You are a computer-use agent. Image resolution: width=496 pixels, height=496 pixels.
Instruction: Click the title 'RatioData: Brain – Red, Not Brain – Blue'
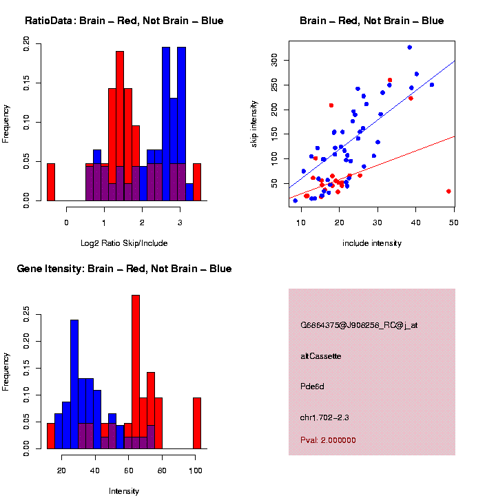[x=124, y=21]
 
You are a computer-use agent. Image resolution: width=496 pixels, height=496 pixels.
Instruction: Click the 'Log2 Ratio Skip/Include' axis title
[x=124, y=243]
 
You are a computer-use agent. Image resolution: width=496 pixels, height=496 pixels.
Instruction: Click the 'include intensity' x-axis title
[x=372, y=243]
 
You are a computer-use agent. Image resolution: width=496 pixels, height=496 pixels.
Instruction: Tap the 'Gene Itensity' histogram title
[x=124, y=269]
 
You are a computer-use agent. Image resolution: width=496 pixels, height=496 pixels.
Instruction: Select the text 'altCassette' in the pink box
[x=320, y=356]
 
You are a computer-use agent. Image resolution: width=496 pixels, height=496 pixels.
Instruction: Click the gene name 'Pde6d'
[x=312, y=386]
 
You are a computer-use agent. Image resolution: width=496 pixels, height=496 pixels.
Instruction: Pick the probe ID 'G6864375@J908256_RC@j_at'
[x=358, y=325]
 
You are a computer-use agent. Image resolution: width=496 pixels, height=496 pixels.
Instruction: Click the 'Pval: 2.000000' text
[x=328, y=440]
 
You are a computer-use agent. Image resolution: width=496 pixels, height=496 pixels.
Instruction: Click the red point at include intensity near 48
[x=448, y=191]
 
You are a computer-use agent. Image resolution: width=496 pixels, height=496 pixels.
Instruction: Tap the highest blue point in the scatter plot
[x=409, y=48]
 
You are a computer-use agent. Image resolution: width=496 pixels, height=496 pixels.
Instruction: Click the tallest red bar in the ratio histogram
[x=120, y=126]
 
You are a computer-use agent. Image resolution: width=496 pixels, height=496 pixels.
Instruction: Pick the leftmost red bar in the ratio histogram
[x=50, y=182]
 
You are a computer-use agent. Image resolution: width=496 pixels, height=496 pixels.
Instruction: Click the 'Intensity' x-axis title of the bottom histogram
[x=124, y=491]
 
